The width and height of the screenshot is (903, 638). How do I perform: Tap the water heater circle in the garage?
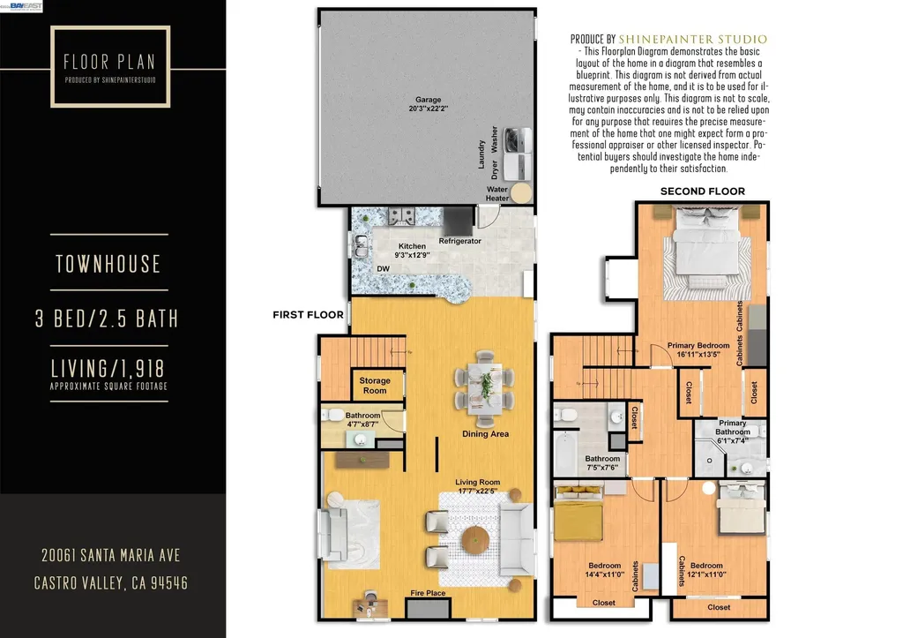point(522,193)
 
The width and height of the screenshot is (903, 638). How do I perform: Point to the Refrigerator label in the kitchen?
point(459,241)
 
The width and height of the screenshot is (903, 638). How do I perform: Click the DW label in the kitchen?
point(383,268)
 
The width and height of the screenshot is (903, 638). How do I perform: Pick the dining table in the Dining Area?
point(484,388)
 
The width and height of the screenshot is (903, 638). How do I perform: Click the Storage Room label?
point(375,386)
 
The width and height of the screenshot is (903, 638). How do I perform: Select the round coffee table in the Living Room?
point(475,541)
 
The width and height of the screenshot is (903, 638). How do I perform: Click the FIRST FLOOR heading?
point(308,315)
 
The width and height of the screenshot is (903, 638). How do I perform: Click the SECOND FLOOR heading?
point(703,191)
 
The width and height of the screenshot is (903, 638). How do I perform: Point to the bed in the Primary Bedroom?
point(707,249)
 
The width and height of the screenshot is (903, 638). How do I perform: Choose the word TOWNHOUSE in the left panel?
point(108,264)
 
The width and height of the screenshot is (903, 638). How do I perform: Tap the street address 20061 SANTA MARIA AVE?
point(110,556)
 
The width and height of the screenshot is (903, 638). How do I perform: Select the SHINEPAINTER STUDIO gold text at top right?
point(693,39)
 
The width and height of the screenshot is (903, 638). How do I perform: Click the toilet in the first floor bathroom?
point(332,415)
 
